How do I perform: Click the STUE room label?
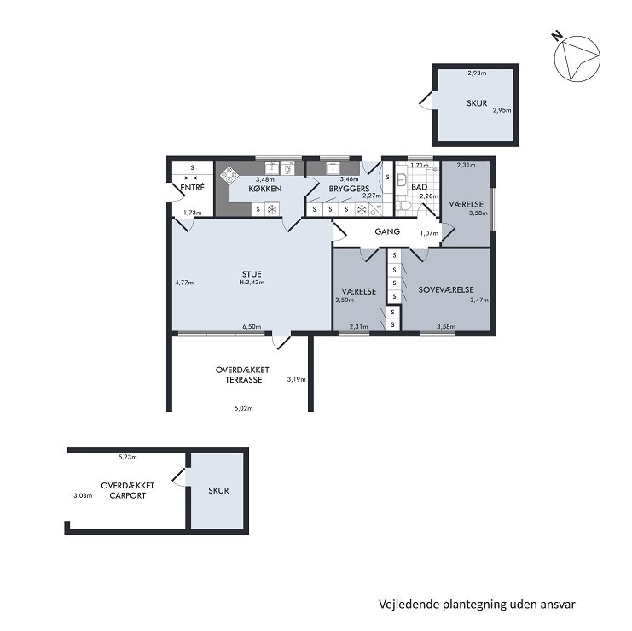(252, 274)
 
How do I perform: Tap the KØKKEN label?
(264, 189)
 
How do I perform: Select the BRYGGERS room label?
(349, 189)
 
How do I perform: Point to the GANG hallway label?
(387, 231)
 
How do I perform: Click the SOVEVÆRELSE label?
(446, 289)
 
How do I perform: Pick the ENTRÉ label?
(192, 188)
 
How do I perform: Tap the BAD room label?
(419, 187)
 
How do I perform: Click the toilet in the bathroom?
(403, 206)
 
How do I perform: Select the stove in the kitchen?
(229, 175)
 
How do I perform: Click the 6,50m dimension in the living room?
(252, 327)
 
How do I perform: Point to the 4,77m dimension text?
(184, 283)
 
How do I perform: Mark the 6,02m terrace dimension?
(243, 408)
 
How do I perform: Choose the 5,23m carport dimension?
(127, 457)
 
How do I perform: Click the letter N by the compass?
(557, 37)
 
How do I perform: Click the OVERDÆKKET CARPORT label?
(127, 491)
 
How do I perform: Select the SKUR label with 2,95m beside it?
(477, 103)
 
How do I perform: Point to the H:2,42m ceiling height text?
(252, 283)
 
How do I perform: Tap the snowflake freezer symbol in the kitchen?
(272, 210)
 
